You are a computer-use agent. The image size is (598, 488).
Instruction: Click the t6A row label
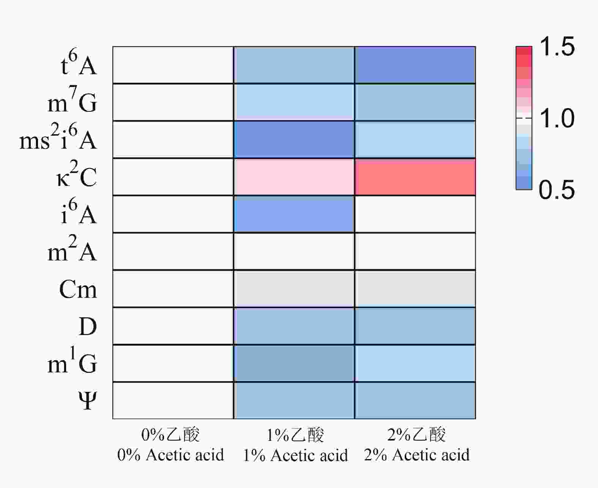[79, 65]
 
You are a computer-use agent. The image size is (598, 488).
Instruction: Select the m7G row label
[72, 102]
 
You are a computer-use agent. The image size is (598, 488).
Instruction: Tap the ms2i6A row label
[58, 139]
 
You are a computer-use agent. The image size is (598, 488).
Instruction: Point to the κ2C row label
[77, 176]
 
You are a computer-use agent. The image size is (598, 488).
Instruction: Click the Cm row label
[78, 289]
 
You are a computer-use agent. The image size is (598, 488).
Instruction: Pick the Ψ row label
[88, 401]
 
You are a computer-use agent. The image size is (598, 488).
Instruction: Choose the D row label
[88, 326]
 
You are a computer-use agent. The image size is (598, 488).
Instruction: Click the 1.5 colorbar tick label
[557, 47]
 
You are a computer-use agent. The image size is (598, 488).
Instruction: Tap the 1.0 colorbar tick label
[557, 118]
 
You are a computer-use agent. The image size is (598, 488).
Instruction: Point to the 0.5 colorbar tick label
[557, 189]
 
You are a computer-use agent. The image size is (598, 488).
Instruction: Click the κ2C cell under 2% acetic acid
[415, 177]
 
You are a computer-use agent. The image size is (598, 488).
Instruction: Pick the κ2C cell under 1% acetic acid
[294, 177]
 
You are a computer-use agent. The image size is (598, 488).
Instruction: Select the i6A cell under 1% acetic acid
[294, 214]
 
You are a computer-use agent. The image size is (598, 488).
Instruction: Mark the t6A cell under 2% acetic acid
[415, 65]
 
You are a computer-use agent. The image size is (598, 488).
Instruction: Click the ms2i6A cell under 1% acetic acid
[294, 139]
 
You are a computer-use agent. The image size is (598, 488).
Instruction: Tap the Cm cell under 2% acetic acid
[415, 288]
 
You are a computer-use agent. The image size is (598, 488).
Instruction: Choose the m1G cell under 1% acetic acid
[294, 363]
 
